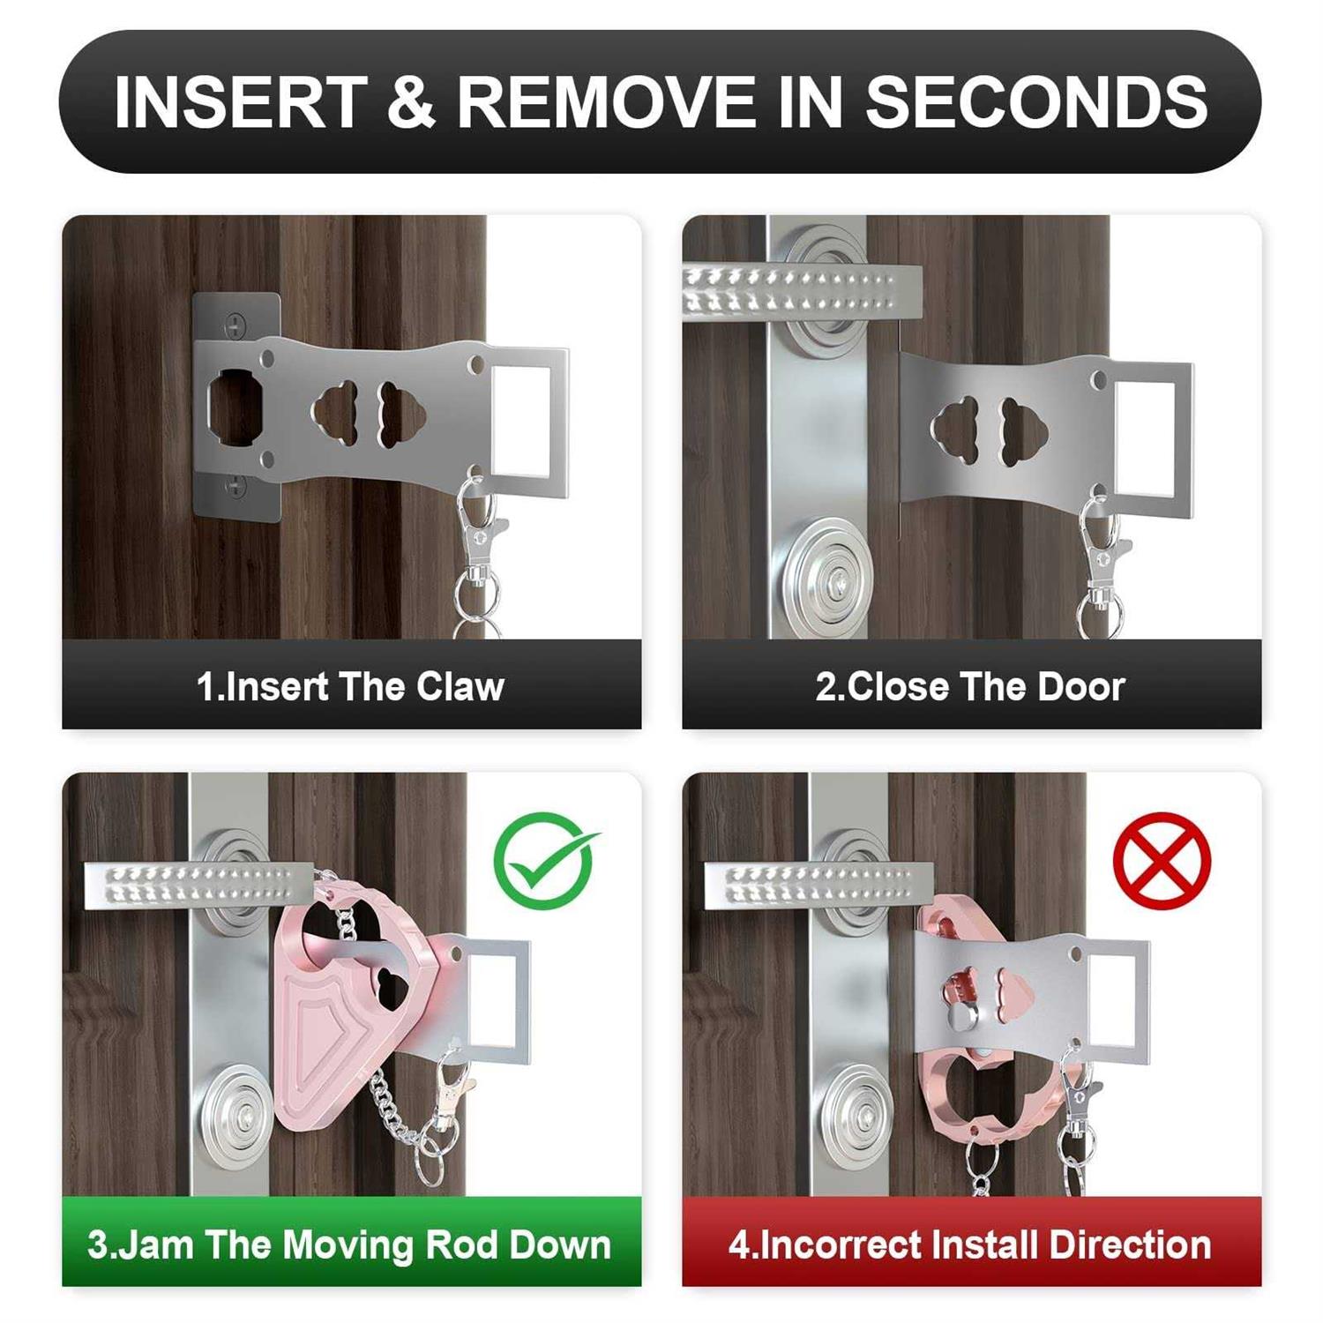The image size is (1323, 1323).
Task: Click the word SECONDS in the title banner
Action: coord(1035,101)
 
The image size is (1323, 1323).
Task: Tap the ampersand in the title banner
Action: coord(410,101)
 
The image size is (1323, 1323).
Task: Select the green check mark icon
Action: coord(543,860)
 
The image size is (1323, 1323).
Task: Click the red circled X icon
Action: coord(1162,860)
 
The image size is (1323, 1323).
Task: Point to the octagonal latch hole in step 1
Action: coord(235,406)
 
